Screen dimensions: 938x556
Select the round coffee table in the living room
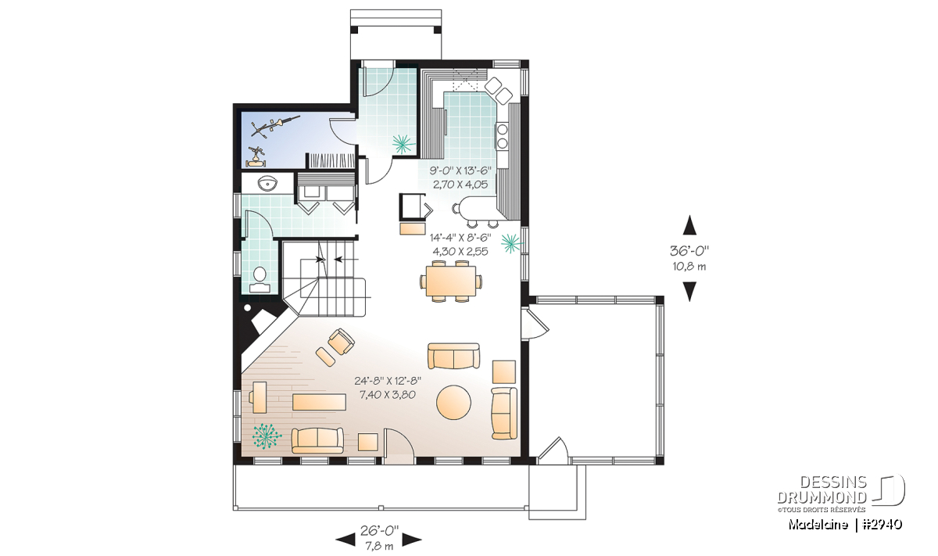pyautogui.click(x=453, y=402)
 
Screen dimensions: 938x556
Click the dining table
pyautogui.click(x=450, y=281)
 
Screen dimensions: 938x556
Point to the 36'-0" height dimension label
pyautogui.click(x=689, y=250)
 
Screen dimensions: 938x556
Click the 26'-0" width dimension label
pyautogui.click(x=379, y=531)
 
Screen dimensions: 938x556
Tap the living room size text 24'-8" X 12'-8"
pyautogui.click(x=388, y=381)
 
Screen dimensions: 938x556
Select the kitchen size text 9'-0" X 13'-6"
pyautogui.click(x=460, y=170)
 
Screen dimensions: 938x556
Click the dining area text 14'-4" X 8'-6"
pyautogui.click(x=460, y=238)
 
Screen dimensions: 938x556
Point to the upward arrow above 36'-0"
pyautogui.click(x=689, y=225)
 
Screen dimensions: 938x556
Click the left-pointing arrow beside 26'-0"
pyautogui.click(x=345, y=540)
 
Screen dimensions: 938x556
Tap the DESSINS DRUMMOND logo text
pyautogui.click(x=822, y=490)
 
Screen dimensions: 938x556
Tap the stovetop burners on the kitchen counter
pyautogui.click(x=502, y=135)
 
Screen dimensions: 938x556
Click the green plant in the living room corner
pyautogui.click(x=267, y=436)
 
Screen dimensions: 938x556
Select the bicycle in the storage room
pyautogui.click(x=275, y=126)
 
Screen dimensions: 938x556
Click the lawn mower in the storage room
pyautogui.click(x=256, y=157)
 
